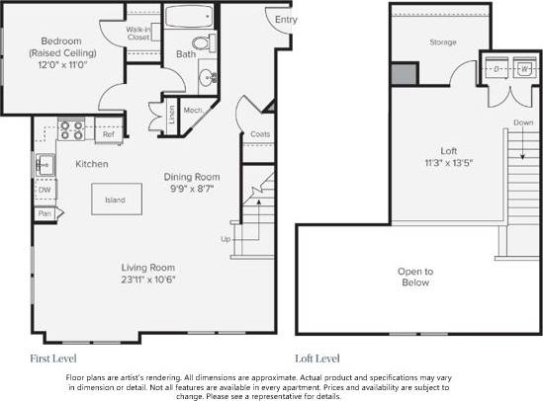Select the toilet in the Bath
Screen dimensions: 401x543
click(204, 42)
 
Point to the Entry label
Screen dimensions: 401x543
click(286, 20)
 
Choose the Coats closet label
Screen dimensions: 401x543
click(260, 133)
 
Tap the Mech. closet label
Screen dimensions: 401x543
click(193, 110)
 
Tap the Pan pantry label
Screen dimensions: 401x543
click(45, 212)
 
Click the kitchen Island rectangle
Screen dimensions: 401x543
click(115, 200)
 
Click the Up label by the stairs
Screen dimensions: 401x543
click(226, 240)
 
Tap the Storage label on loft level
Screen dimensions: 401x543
click(441, 42)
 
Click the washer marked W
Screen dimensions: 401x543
click(525, 69)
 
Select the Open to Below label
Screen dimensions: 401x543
click(414, 278)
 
